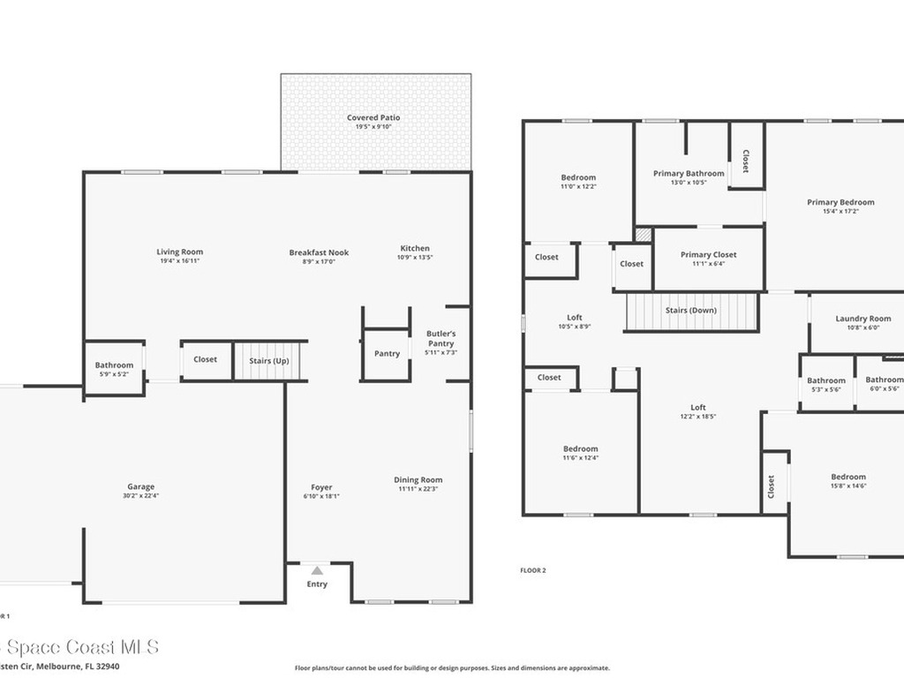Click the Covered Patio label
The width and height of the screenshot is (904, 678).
coord(373,117)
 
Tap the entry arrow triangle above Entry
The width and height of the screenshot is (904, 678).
coord(317,571)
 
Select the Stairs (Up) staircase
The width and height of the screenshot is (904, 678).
coord(269,360)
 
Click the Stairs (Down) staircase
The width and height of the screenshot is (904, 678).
coord(692,311)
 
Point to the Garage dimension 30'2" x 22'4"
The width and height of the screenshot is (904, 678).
coord(141,496)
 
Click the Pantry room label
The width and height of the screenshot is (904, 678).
coord(387,353)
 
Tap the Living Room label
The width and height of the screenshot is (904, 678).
coord(180,252)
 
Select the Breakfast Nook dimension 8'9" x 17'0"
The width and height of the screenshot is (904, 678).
coord(319,261)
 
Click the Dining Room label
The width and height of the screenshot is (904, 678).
coord(418,479)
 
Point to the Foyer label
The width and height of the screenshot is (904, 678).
coord(321,486)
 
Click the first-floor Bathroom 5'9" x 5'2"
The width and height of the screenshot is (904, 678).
coord(115,365)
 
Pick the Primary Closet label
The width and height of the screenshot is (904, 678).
coord(708,254)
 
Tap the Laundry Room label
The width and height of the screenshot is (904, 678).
coord(863,318)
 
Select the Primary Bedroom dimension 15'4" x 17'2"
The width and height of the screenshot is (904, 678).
coord(840,211)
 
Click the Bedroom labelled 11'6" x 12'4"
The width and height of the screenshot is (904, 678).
coord(581,448)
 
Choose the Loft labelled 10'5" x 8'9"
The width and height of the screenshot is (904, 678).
coord(575,317)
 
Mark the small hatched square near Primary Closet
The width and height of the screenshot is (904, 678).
coord(644,235)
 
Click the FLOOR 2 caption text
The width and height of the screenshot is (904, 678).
coord(533,570)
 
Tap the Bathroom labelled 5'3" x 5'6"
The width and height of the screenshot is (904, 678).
coord(826,380)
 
